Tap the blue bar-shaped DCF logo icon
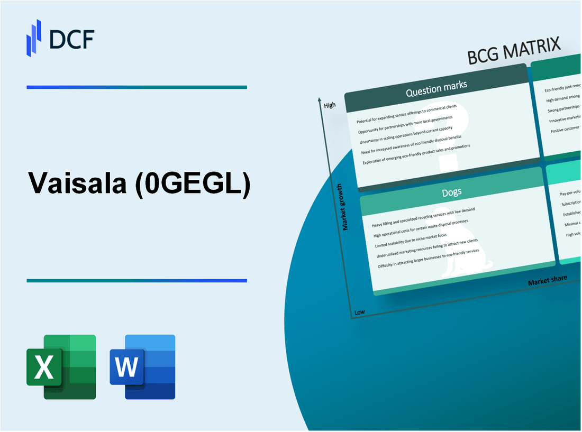(34, 38)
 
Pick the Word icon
(143, 366)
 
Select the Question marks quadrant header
(436, 90)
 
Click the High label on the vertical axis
(330, 105)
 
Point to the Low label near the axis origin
(360, 312)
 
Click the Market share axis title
(547, 280)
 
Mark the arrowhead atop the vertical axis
(320, 99)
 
